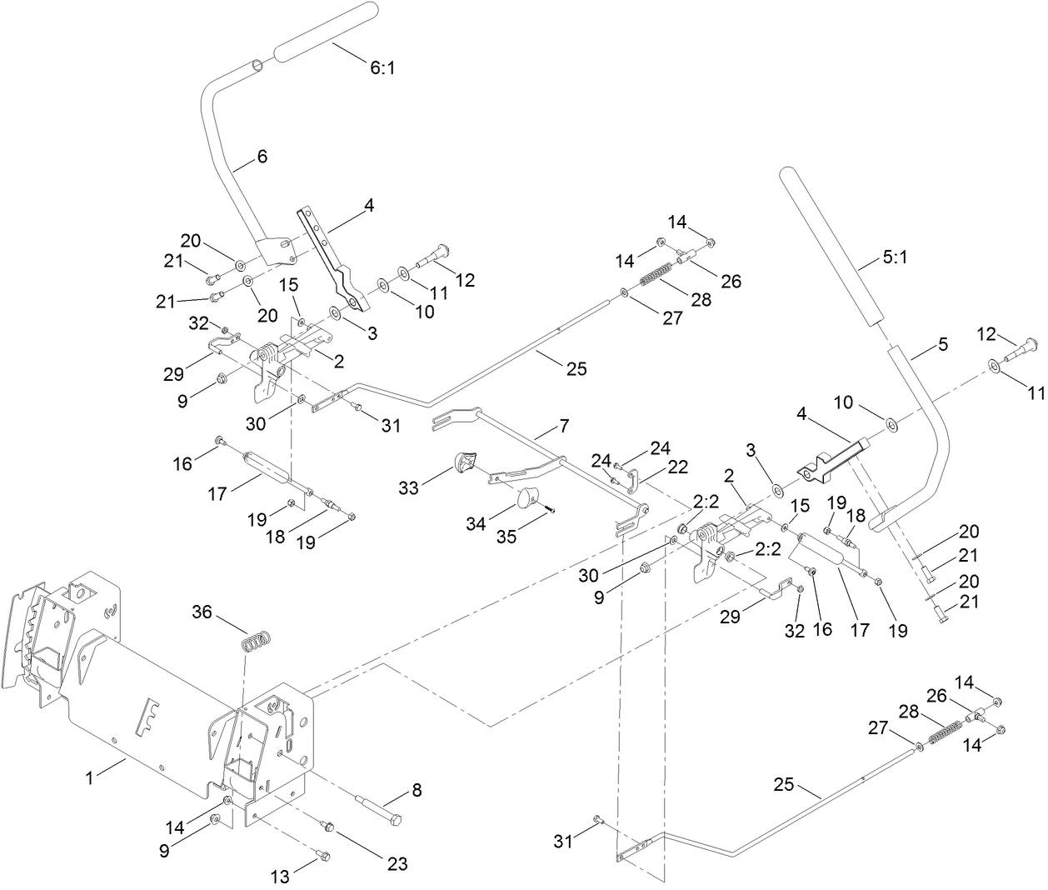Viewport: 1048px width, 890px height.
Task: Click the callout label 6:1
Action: (382, 68)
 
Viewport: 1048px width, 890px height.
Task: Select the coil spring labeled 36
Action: (258, 642)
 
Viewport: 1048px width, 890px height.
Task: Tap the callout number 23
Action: (397, 864)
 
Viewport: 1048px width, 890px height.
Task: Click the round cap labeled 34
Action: (526, 498)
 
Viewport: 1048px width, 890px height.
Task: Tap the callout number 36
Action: (202, 612)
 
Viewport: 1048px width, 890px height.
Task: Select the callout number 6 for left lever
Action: (262, 156)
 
